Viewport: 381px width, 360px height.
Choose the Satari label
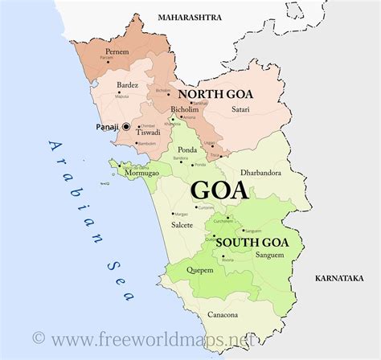tap(240, 112)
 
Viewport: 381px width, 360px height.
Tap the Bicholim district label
tap(186, 109)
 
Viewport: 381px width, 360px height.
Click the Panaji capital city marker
tap(126, 127)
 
